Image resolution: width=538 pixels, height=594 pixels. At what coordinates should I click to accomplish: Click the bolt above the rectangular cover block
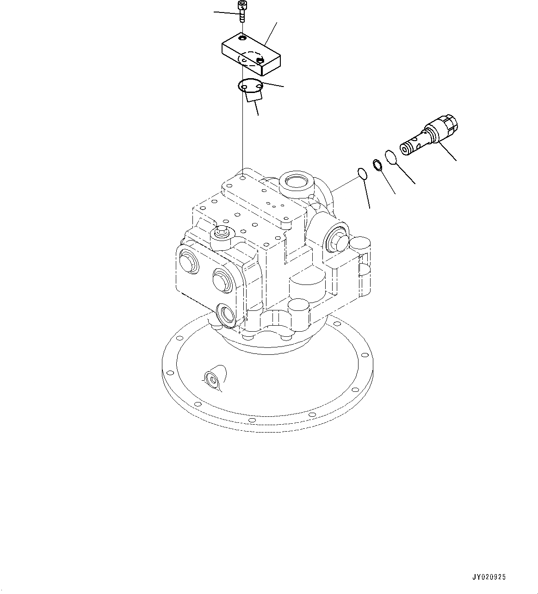point(242,12)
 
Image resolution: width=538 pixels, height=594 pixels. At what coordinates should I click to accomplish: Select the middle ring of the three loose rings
point(377,164)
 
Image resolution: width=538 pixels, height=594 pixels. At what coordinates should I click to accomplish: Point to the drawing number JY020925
point(489,577)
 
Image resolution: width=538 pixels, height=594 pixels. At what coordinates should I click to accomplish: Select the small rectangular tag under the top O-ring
point(254,95)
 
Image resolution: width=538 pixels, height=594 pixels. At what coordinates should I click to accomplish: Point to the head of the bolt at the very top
point(241,6)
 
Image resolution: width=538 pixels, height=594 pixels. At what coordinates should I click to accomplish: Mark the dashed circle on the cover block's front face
point(250,58)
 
